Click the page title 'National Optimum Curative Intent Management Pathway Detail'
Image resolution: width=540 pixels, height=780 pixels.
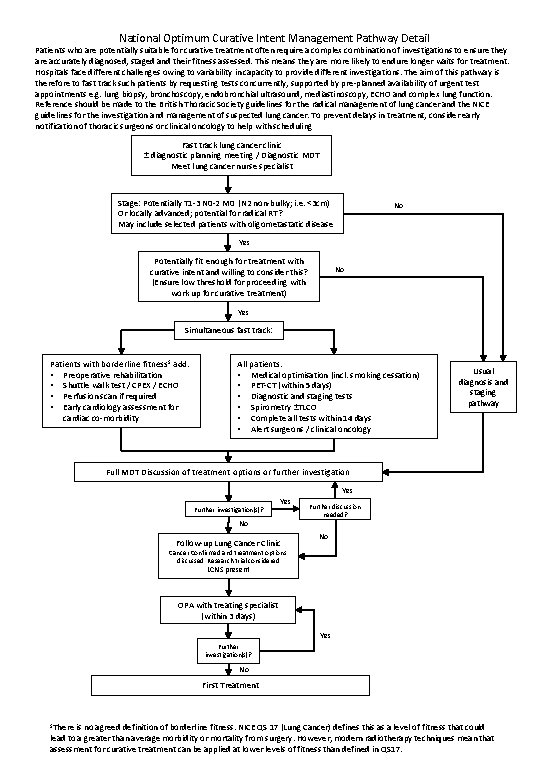click(269, 32)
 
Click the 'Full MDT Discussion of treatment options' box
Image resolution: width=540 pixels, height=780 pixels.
click(229, 471)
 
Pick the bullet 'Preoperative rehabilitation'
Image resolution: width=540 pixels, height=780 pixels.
click(110, 374)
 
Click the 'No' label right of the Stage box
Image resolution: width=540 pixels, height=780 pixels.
click(399, 207)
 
